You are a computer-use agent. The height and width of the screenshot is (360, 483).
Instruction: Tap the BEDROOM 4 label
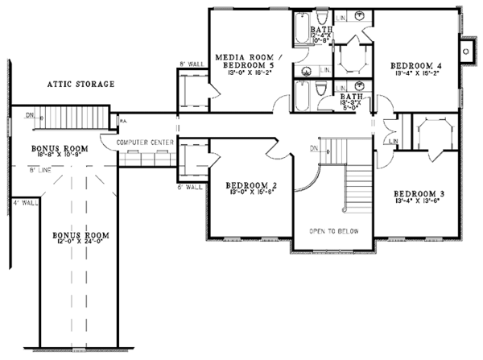[415, 65]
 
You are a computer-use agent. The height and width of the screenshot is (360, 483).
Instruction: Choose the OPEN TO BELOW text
[333, 231]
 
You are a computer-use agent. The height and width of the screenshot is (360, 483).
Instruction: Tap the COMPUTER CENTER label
[145, 142]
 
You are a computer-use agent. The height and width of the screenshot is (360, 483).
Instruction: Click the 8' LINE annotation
[43, 169]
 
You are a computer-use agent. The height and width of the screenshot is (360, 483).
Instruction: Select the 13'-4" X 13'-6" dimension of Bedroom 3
[417, 203]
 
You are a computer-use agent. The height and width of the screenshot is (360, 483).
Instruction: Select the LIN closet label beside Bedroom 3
[393, 143]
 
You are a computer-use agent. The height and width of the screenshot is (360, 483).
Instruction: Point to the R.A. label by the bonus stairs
[101, 122]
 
